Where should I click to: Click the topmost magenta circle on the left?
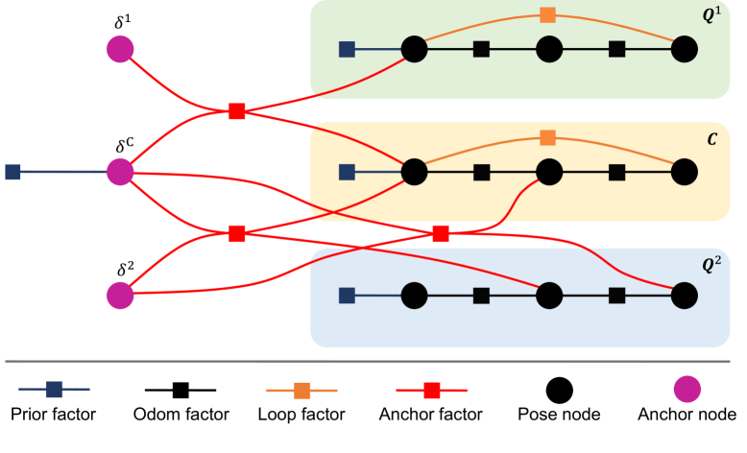(x=120, y=49)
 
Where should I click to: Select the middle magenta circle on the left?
(x=120, y=172)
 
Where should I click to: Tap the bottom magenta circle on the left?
(x=120, y=296)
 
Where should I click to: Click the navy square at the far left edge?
(x=12, y=172)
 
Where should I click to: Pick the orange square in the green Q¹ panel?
(x=547, y=14)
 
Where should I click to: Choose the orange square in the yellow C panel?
(x=547, y=137)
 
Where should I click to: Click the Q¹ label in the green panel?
(x=711, y=16)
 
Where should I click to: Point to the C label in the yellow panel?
(x=711, y=140)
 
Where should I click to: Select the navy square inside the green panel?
(x=348, y=49)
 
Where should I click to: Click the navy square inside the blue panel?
(x=348, y=296)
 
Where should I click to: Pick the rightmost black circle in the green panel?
(x=684, y=49)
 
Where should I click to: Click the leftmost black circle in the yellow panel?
(x=414, y=172)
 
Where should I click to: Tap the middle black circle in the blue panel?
(x=548, y=296)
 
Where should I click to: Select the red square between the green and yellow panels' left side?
(x=237, y=111)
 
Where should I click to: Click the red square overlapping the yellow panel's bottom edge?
(x=440, y=233)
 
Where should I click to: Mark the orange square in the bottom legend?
(x=302, y=390)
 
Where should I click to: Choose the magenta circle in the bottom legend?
(x=687, y=389)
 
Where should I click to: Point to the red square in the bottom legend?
(x=432, y=390)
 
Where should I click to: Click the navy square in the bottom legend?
(x=54, y=389)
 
